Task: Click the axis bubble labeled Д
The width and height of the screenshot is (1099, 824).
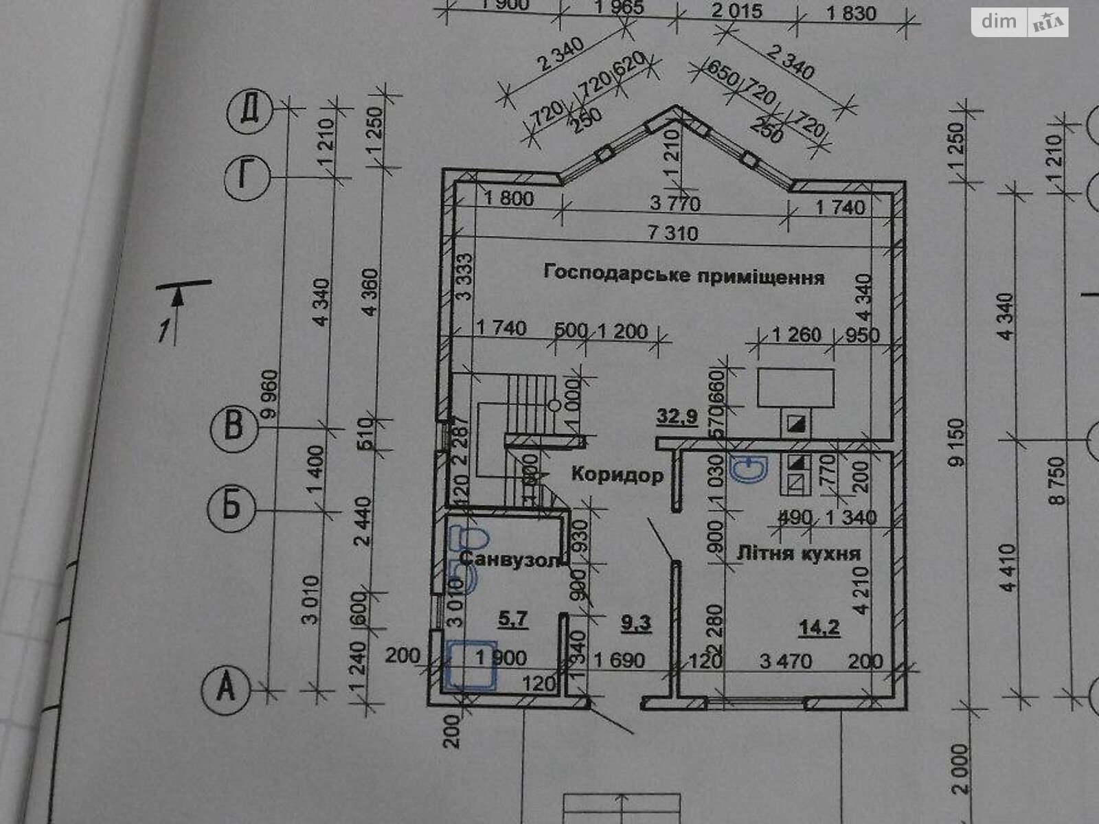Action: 251,110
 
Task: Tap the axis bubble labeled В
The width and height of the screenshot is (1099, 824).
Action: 233,426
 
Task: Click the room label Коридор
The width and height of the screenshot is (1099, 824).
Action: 617,474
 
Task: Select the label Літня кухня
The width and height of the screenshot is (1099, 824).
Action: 798,553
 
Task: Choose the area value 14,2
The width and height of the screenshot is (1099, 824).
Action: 819,626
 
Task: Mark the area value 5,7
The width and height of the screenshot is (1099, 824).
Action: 512,619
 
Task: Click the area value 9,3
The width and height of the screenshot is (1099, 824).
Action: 636,623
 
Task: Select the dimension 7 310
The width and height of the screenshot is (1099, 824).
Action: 672,233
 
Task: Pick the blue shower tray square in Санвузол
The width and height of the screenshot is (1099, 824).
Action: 471,664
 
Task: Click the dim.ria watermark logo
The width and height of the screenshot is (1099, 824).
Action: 1019,23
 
